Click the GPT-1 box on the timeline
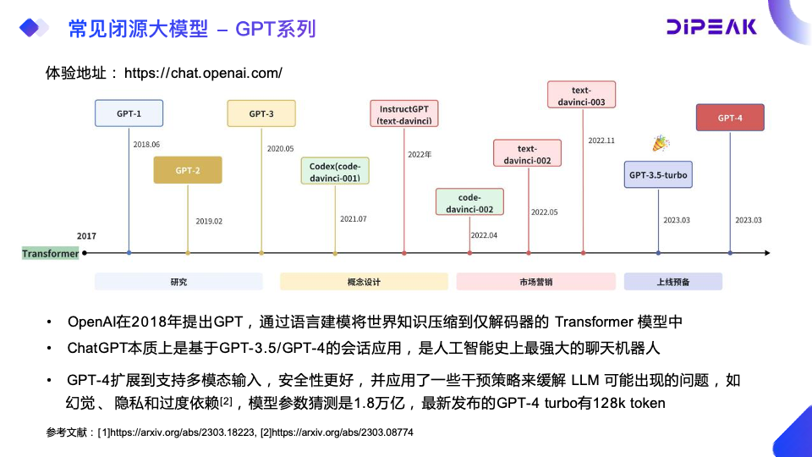(129, 113)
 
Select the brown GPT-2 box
(188, 170)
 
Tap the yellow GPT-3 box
(261, 113)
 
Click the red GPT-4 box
(729, 118)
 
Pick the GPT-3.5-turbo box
(658, 175)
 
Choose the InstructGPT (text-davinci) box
(404, 114)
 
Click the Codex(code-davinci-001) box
(335, 171)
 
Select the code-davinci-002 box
(469, 202)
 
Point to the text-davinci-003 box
(581, 95)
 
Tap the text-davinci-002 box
(528, 154)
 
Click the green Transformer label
(51, 253)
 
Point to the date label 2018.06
(146, 145)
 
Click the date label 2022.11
(601, 140)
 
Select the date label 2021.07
(353, 219)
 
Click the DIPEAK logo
(711, 26)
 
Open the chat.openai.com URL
(203, 74)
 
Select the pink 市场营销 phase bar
(536, 282)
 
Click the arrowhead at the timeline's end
(765, 253)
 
